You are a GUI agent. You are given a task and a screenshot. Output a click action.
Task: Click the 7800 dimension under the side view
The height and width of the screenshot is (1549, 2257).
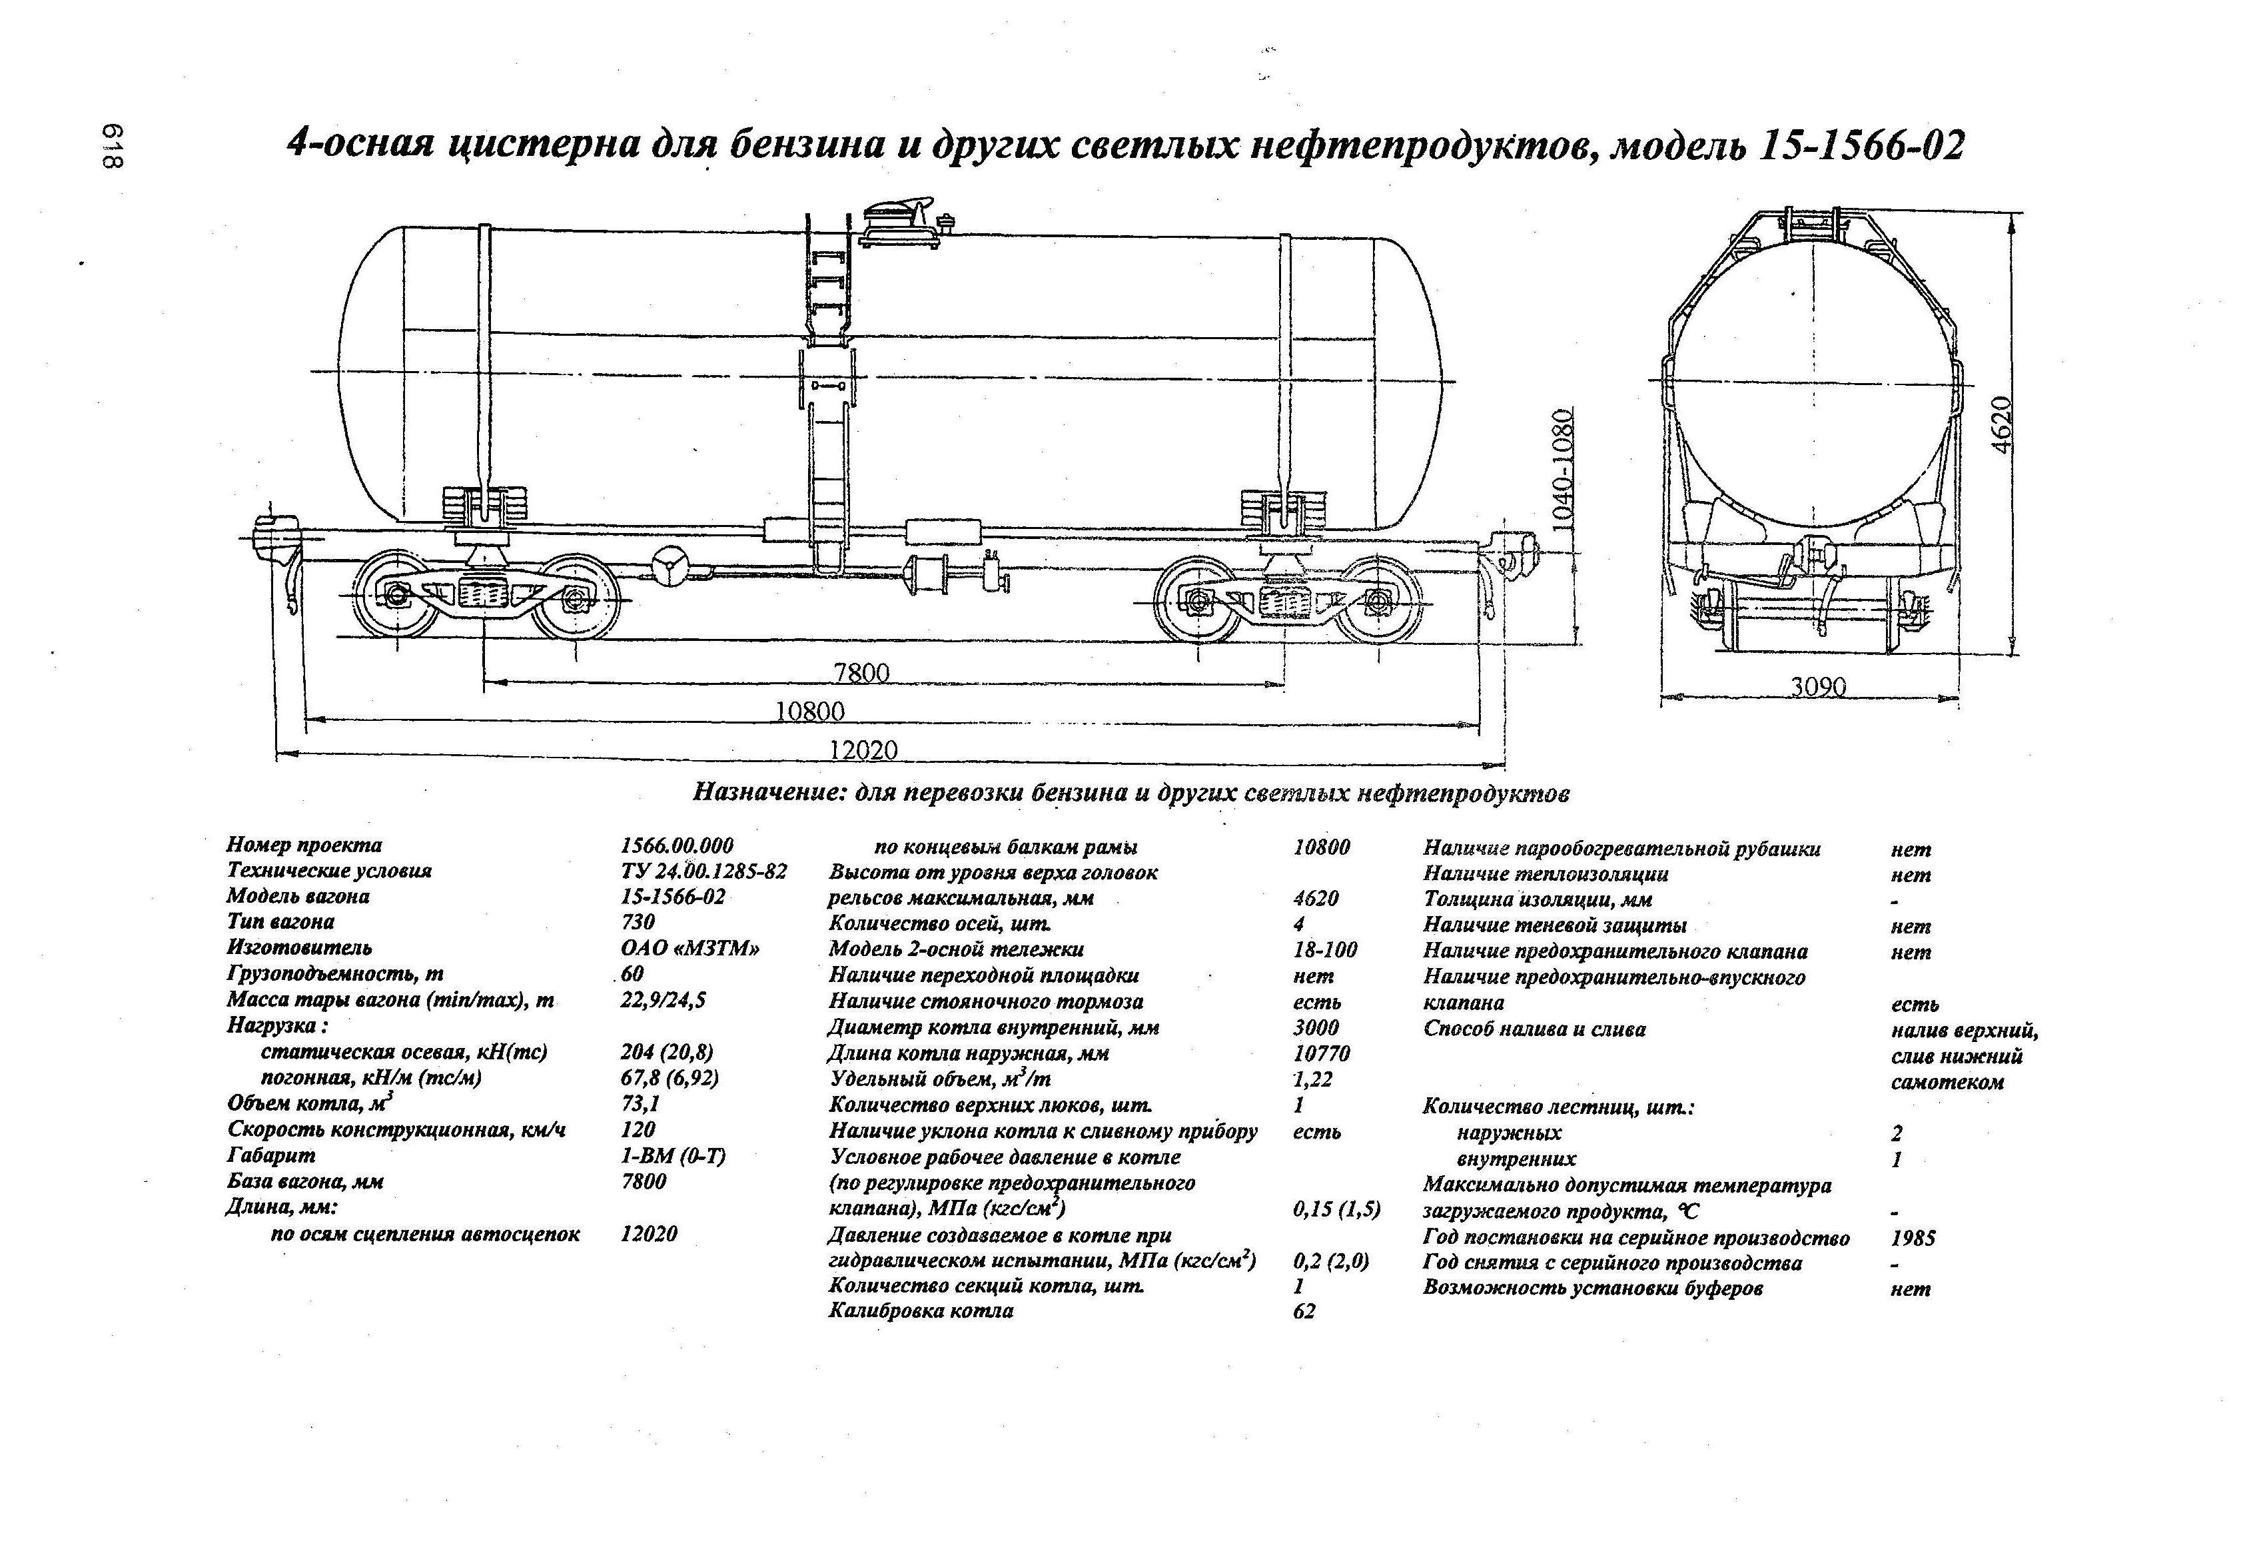tap(861, 673)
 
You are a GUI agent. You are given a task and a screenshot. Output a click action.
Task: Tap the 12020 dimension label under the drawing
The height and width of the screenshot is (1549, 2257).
tap(863, 750)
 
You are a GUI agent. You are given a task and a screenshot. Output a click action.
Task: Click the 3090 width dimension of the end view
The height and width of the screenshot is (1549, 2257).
tap(1818, 688)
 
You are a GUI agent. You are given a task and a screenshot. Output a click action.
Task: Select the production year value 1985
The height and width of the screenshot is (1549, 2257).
tap(1912, 1239)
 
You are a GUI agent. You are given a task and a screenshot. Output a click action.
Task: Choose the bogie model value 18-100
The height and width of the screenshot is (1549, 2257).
tap(1324, 949)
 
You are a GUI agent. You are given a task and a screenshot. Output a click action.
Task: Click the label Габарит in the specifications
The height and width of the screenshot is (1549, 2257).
tap(271, 1156)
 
